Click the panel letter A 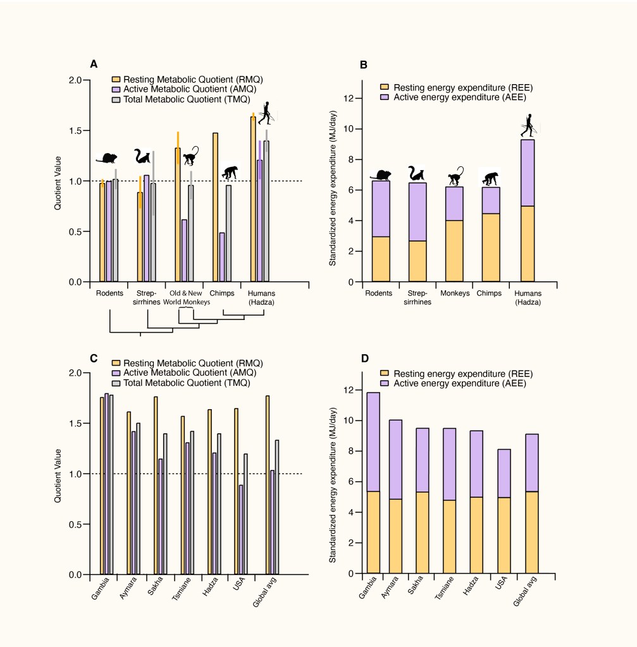(94, 64)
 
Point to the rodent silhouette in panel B (381, 175)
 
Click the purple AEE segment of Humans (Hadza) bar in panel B (528, 173)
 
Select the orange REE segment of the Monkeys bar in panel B (454, 250)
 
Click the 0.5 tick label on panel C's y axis (75, 524)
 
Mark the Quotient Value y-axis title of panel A (58, 181)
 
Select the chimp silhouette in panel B (491, 178)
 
